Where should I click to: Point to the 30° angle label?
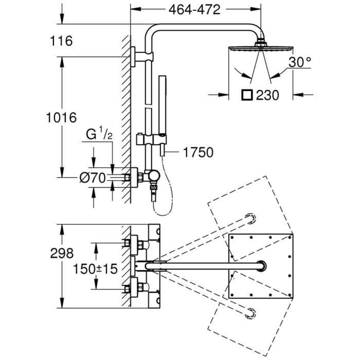click(300, 63)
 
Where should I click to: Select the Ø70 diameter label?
click(94, 178)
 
